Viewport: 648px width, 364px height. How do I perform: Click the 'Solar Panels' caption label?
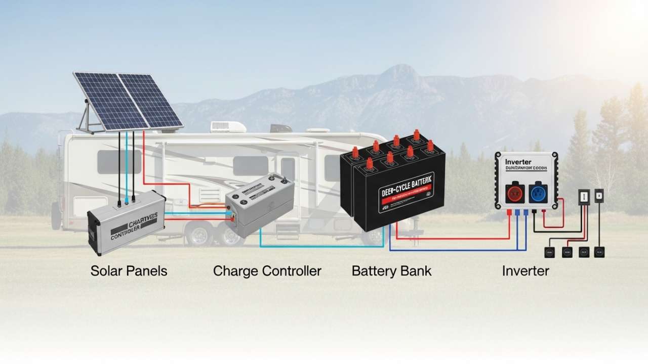129,271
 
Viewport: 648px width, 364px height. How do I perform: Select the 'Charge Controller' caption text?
267,271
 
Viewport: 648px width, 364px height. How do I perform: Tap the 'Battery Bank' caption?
391,271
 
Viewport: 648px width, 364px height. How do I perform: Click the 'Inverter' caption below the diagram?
525,271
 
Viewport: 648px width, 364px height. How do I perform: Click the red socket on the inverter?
515,193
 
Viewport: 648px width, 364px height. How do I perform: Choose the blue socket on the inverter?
537,193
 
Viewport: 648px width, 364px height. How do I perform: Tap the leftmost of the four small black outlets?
549,251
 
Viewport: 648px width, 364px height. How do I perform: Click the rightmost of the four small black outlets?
599,251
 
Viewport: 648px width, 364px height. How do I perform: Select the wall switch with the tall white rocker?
584,197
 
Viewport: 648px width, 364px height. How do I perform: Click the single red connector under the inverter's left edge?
509,213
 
